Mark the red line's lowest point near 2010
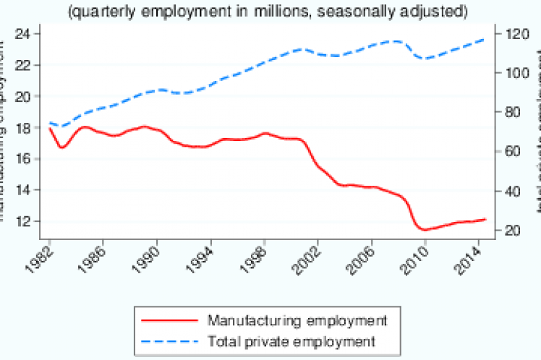424,230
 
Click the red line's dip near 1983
63,147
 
